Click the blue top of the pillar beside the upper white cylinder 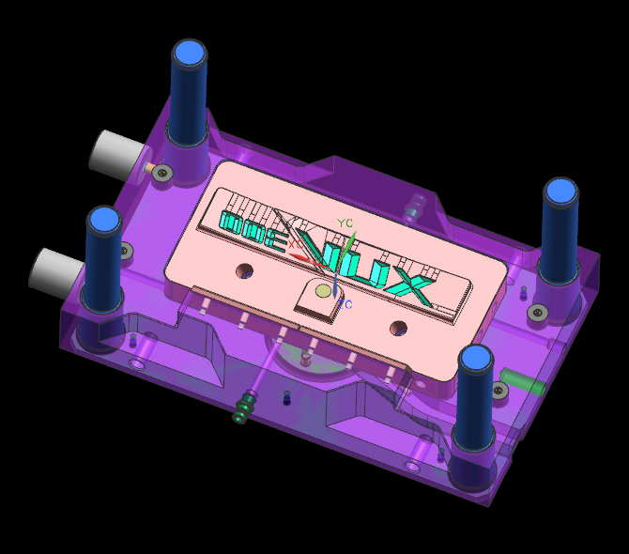click(x=189, y=53)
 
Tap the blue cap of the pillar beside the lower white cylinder click(x=103, y=221)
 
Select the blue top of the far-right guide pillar click(x=561, y=192)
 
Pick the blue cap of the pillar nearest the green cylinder click(x=475, y=359)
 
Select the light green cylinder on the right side click(x=517, y=381)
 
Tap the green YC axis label click(x=345, y=223)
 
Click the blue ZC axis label click(x=345, y=305)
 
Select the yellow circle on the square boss click(x=324, y=291)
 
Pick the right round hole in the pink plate click(x=399, y=329)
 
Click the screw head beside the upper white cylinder click(x=163, y=173)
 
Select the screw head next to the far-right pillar click(x=537, y=312)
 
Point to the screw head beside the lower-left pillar click(x=124, y=250)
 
